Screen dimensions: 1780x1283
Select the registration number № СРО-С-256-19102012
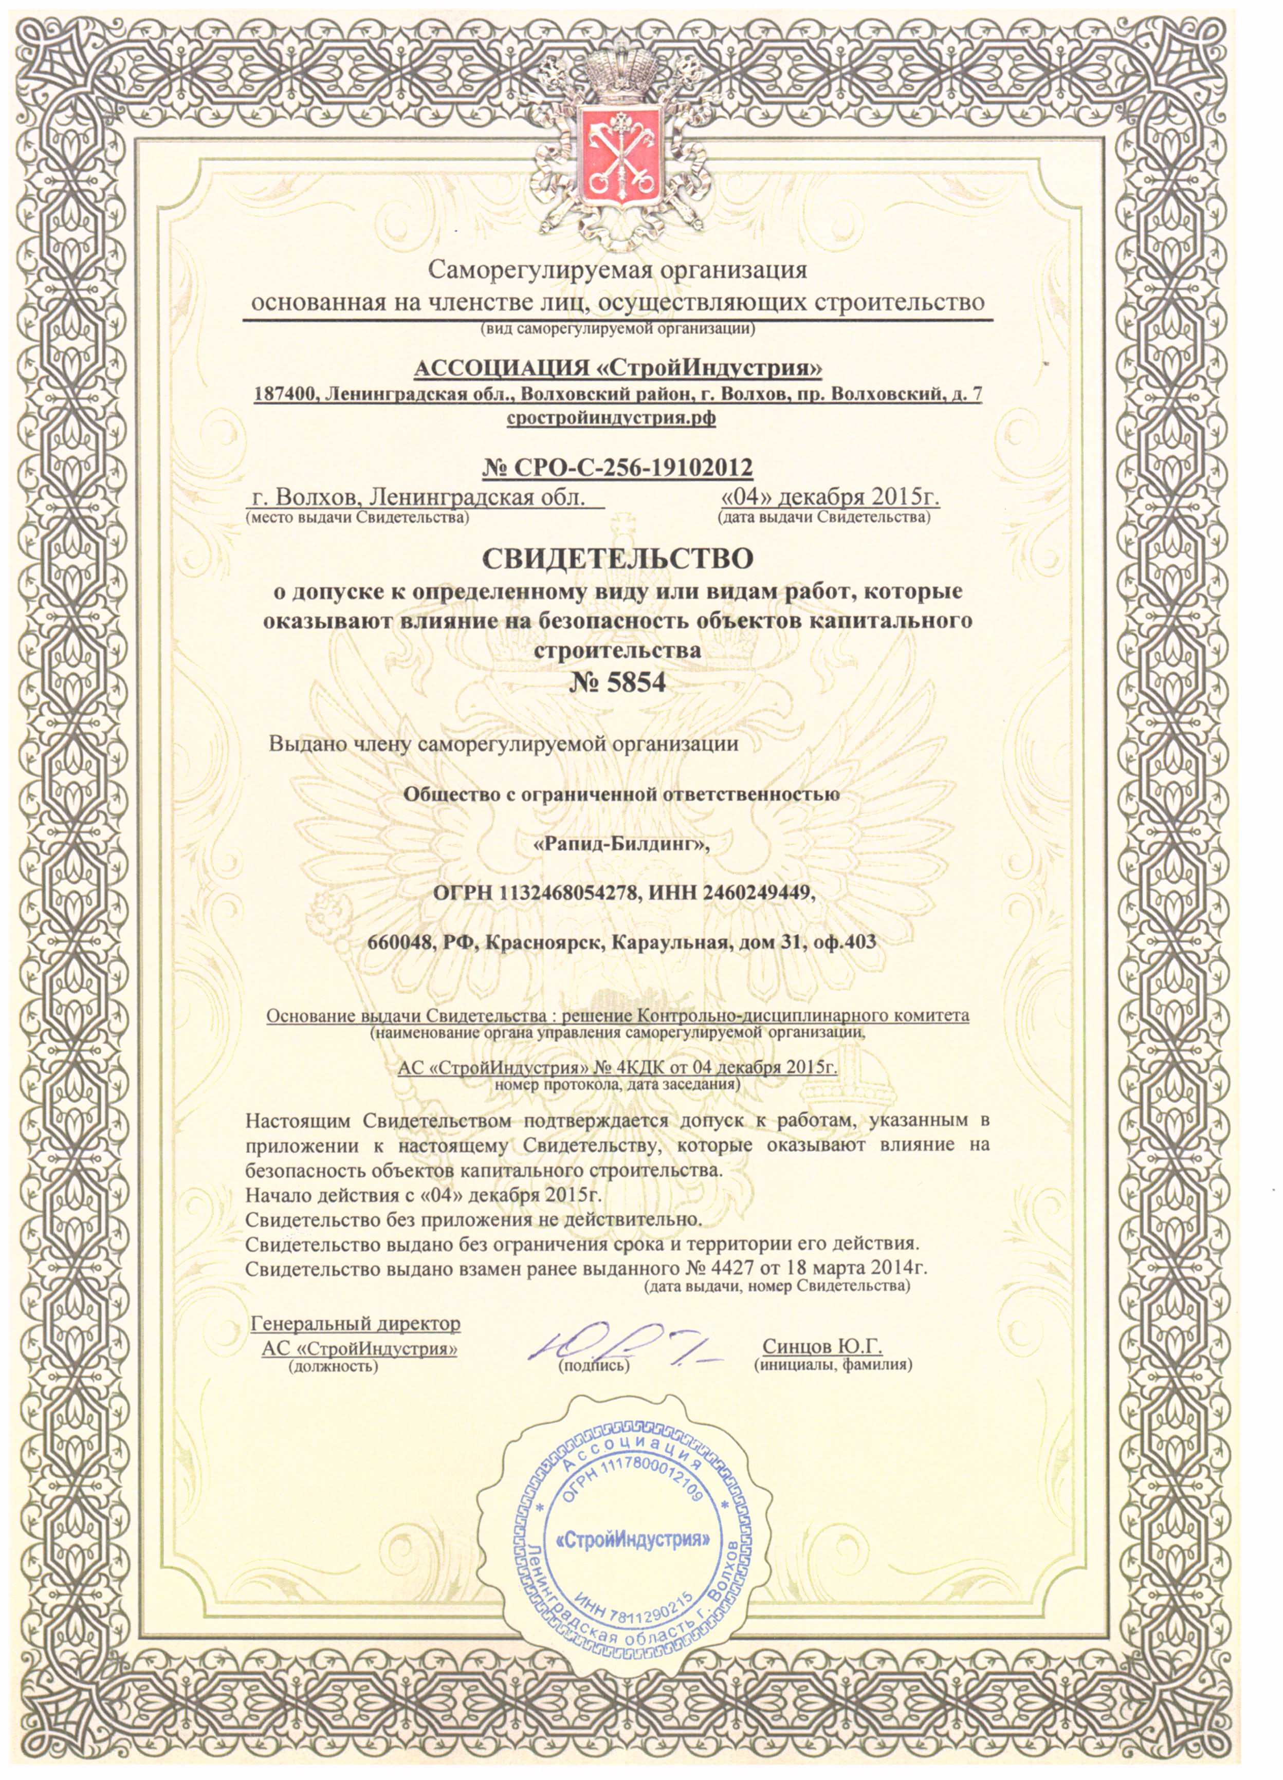pos(617,468)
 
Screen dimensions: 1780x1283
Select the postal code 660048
pos(401,942)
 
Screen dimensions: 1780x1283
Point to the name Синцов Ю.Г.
pos(822,1347)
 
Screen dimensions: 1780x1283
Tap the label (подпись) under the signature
pos(594,1366)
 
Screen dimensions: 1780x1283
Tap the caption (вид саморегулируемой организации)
pos(617,329)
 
